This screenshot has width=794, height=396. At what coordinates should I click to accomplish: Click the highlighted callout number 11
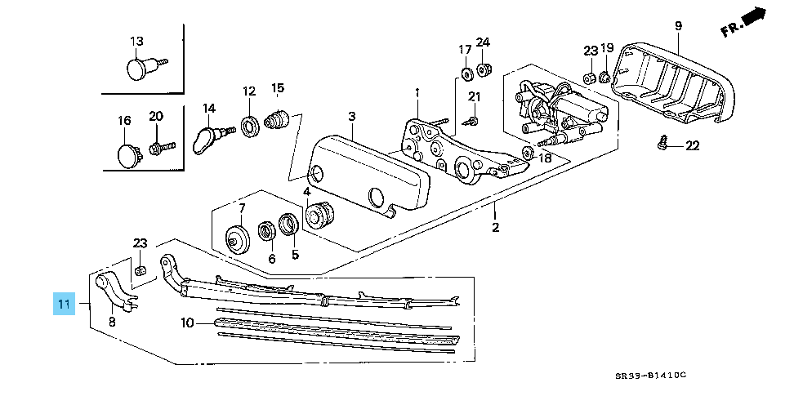(64, 305)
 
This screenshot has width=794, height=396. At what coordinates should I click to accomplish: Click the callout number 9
(677, 27)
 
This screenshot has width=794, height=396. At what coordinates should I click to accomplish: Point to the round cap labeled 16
(127, 154)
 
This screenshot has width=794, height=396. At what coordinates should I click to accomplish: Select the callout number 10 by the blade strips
(187, 323)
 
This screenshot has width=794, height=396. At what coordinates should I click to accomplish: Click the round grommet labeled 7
(236, 239)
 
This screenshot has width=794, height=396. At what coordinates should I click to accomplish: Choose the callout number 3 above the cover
(351, 117)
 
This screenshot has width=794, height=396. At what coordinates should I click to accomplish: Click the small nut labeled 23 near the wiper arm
(140, 270)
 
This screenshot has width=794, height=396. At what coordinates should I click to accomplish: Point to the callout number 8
(112, 322)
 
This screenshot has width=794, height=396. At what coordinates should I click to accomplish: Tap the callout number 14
(208, 109)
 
